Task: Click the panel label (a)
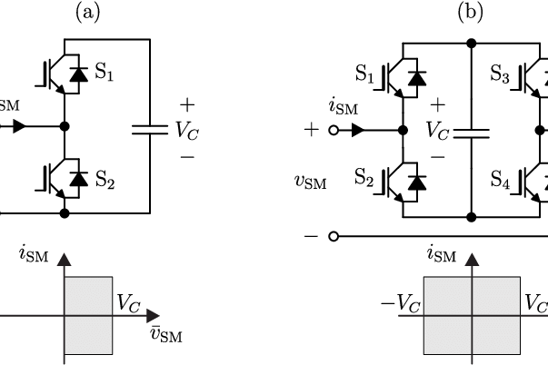[87, 13]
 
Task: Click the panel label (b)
[471, 13]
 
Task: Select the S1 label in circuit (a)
[105, 72]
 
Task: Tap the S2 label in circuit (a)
[105, 180]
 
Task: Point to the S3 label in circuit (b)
[500, 74]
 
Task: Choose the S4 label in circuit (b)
[500, 179]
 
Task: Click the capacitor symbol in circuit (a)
[150, 130]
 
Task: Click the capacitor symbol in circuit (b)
[472, 133]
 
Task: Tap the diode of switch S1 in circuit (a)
[79, 74]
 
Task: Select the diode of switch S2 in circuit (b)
[417, 182]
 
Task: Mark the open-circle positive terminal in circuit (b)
[334, 131]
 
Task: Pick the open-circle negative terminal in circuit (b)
[334, 237]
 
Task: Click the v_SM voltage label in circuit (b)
[311, 182]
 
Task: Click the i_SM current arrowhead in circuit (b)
[358, 130]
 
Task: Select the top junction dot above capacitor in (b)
[472, 44]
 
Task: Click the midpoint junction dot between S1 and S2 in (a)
[65, 126]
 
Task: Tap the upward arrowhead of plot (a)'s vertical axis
[64, 260]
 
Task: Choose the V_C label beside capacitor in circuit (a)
[187, 130]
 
